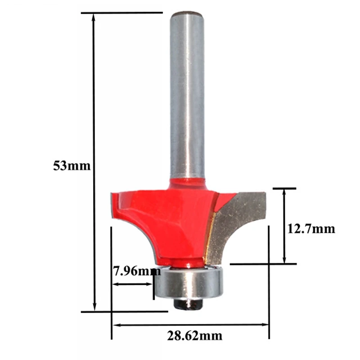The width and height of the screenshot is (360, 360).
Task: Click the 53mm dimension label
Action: (x=72, y=166)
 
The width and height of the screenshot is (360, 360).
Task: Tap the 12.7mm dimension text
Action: (x=311, y=229)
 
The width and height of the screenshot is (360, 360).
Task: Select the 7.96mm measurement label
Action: (x=136, y=271)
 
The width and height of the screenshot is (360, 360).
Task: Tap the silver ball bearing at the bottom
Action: (x=188, y=282)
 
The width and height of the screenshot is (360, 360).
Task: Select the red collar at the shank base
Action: (x=187, y=182)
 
